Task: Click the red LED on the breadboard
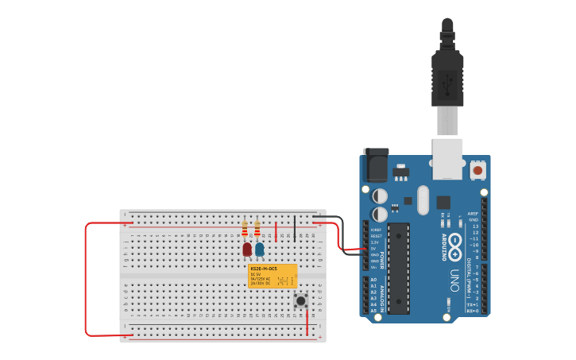coord(247,250)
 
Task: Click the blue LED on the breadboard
coord(260,250)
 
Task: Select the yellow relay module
coord(273,276)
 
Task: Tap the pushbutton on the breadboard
coord(301,300)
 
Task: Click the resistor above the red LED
coord(245,229)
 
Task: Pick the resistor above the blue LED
coord(257,229)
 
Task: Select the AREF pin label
coord(474,214)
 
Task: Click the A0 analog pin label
coord(373,280)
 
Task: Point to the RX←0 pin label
coord(472,311)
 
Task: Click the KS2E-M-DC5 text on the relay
coord(264,269)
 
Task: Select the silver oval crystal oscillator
coord(423,200)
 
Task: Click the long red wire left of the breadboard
coord(86,278)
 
